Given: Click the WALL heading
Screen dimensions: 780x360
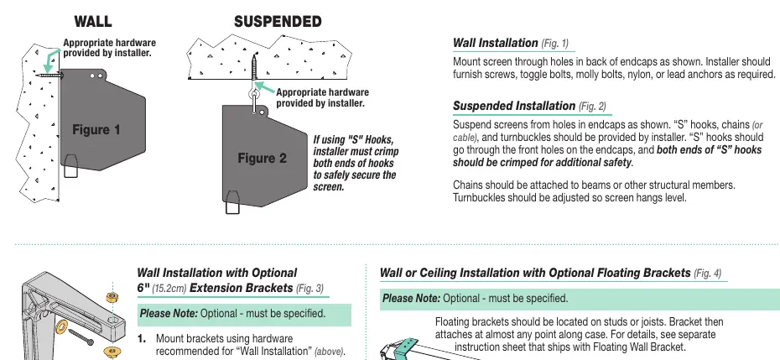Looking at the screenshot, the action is [93, 22].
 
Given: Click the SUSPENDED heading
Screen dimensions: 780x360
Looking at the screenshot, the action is [278, 22].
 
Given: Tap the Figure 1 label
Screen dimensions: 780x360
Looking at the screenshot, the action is [96, 130].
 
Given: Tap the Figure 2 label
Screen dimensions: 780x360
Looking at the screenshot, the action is [263, 159].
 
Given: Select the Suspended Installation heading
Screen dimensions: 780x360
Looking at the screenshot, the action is [529, 106].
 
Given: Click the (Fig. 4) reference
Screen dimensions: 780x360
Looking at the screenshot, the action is [707, 274].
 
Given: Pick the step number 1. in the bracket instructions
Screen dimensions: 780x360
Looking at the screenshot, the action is [142, 339].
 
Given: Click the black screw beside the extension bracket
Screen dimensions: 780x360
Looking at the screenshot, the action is [81, 337].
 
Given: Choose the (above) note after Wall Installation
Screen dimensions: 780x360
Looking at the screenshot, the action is [329, 352].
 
